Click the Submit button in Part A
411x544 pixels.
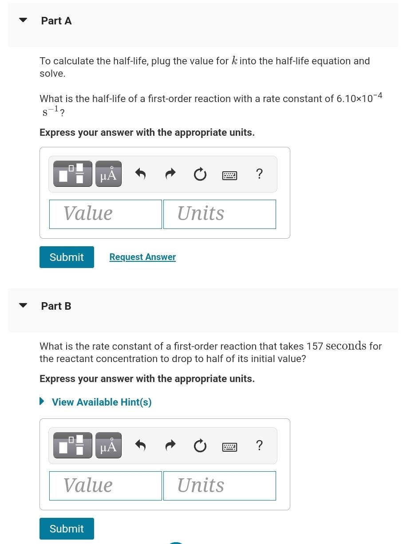[x=67, y=257]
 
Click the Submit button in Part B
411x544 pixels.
[x=67, y=528]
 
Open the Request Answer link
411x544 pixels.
[x=142, y=257]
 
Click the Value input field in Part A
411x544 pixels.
[x=106, y=214]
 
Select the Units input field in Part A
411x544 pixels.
[x=219, y=214]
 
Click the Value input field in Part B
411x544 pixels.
[x=106, y=485]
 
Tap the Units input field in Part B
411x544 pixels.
[x=219, y=485]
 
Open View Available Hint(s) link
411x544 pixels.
[x=102, y=402]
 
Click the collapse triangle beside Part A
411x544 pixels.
[x=23, y=20]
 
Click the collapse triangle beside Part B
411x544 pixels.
[x=23, y=305]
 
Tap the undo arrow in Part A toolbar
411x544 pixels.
[x=140, y=174]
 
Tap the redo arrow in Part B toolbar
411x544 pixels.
[x=170, y=445]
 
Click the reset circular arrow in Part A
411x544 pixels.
[x=200, y=174]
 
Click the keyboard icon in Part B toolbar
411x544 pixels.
[x=229, y=446]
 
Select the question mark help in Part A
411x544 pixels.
[x=260, y=174]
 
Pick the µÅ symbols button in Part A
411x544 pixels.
[x=108, y=174]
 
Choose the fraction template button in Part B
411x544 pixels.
[x=73, y=445]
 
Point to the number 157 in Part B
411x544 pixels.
[x=315, y=346]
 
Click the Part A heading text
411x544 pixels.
[x=56, y=21]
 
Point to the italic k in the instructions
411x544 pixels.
[x=235, y=61]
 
